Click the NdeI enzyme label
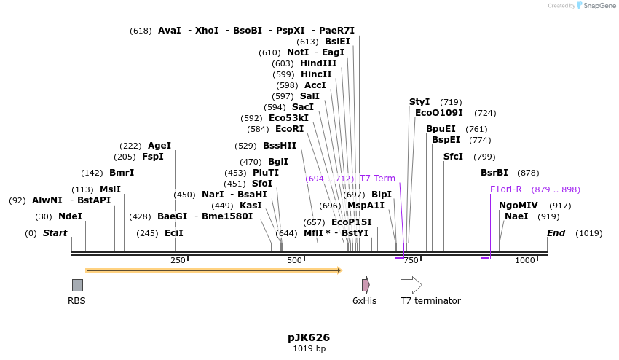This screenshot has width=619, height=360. tap(70, 216)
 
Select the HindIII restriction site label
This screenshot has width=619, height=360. tap(318, 63)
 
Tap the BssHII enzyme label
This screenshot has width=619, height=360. tap(280, 146)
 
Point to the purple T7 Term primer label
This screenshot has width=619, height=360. tap(377, 179)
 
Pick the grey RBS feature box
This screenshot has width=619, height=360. tap(77, 285)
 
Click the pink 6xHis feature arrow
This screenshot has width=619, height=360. tap(366, 285)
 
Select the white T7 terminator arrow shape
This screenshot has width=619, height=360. tap(411, 285)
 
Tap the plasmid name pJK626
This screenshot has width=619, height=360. tap(309, 337)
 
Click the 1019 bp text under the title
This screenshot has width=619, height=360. tap(309, 349)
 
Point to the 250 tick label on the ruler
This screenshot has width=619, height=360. tap(178, 261)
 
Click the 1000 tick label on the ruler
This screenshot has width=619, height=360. tap(525, 261)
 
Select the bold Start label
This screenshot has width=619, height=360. tap(55, 233)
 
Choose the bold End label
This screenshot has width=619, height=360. tap(556, 233)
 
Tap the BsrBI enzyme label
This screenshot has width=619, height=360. tap(494, 173)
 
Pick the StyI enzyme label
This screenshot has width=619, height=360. tap(419, 102)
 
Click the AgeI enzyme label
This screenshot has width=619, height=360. tap(159, 146)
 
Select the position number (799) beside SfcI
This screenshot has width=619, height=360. tap(484, 157)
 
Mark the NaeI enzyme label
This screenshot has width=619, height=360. tap(516, 216)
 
